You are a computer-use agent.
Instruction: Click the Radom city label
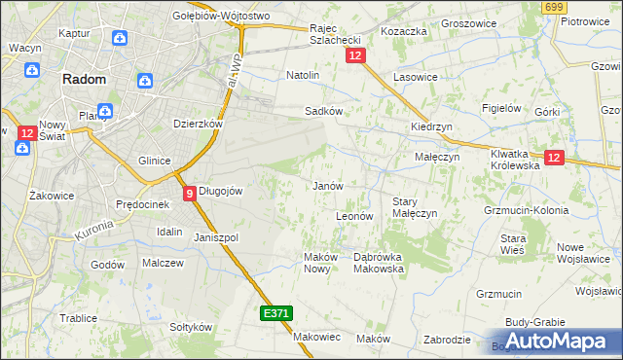84,81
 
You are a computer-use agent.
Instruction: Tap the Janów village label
326,185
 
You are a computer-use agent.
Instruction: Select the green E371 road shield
275,313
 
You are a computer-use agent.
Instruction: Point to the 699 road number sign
555,7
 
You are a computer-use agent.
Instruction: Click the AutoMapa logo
556,342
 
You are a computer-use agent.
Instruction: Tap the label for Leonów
354,216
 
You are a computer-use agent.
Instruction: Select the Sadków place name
323,111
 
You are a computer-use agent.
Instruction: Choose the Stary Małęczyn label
414,207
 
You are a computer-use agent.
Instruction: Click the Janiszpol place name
216,237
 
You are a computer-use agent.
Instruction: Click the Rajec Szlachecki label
336,34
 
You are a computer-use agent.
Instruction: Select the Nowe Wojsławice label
582,253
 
